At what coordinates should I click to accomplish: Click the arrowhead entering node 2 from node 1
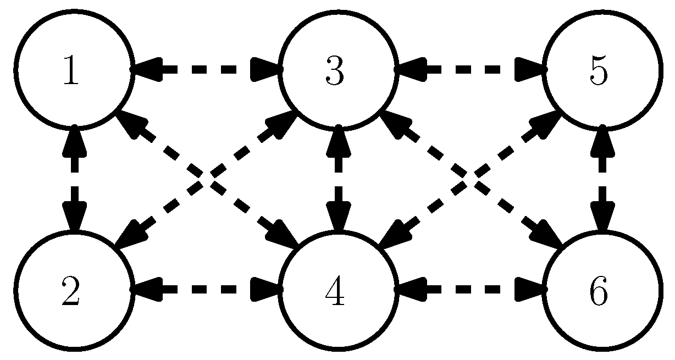tap(74, 218)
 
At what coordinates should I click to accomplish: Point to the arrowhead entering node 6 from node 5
tap(601, 218)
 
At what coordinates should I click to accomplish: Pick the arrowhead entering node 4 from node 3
tap(337, 218)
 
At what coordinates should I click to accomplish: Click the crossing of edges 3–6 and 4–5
tap(469, 179)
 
